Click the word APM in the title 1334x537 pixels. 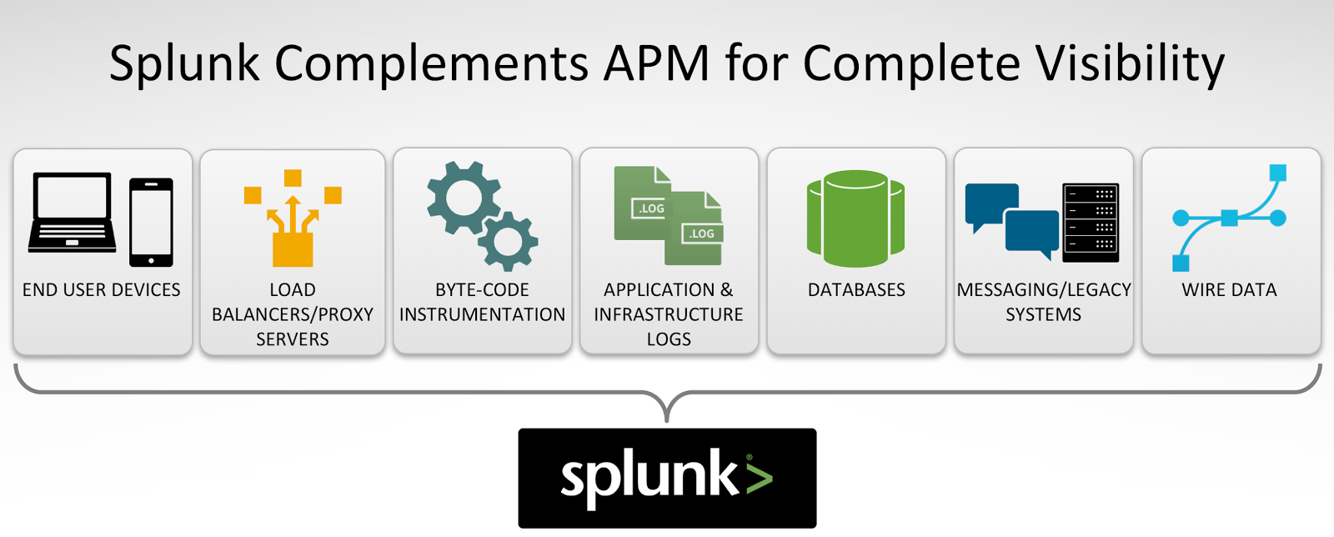[x=656, y=63]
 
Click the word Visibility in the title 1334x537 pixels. [x=1130, y=63]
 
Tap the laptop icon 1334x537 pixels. [x=72, y=212]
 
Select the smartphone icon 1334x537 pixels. [x=151, y=222]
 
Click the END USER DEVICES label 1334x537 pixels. [x=102, y=290]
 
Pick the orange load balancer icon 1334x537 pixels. [x=292, y=218]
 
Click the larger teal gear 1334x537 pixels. [x=463, y=198]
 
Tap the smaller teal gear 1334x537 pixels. [x=509, y=242]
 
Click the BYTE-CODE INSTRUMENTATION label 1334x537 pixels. [x=482, y=303]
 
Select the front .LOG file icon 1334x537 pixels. [x=695, y=228]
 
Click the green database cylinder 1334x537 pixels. [x=855, y=218]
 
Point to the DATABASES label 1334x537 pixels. [x=856, y=290]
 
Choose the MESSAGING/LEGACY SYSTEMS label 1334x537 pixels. [x=1043, y=303]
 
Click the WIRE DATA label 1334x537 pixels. [x=1229, y=290]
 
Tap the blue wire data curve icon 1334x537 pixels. [x=1229, y=218]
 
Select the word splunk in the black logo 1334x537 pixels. [x=649, y=477]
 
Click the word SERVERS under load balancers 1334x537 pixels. [x=292, y=339]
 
